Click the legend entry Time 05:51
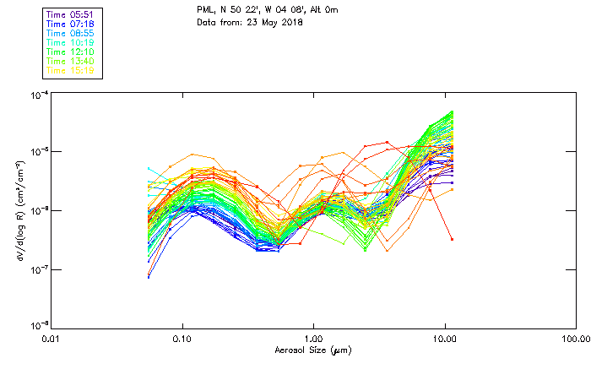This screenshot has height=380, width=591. click(x=70, y=14)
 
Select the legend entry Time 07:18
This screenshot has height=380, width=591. click(x=70, y=24)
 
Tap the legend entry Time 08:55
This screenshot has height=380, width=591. click(x=70, y=33)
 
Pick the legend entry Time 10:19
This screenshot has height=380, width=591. click(x=70, y=42)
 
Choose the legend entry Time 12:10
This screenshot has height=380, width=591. click(x=70, y=52)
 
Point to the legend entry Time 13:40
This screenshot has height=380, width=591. click(x=70, y=61)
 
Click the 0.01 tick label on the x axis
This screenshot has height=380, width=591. click(x=52, y=339)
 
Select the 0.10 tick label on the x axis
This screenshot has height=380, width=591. click(x=182, y=339)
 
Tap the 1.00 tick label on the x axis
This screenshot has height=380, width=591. click(x=313, y=339)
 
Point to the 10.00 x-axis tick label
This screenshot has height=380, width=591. click(x=444, y=339)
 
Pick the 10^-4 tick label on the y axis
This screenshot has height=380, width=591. click(x=39, y=95)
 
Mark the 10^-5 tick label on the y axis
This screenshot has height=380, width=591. click(x=39, y=152)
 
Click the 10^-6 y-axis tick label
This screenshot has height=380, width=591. click(x=39, y=210)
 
